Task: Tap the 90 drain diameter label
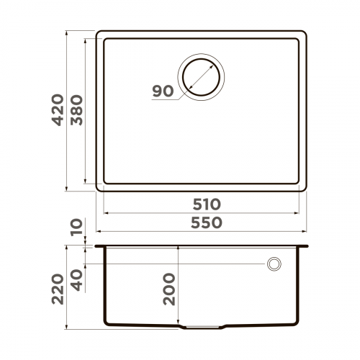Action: point(163,91)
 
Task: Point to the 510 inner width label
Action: point(202,204)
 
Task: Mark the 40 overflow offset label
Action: point(78,276)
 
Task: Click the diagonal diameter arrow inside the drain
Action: point(201,76)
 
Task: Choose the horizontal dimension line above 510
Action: point(202,214)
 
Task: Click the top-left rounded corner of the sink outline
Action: point(99,33)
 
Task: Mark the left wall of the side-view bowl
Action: point(106,288)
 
